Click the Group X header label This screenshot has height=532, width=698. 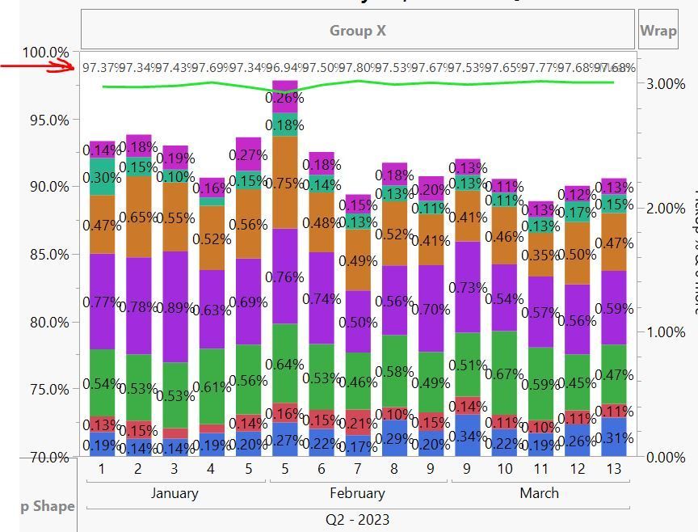tap(357, 31)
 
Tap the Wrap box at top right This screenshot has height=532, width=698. tap(658, 31)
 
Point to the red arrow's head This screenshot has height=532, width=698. tap(72, 66)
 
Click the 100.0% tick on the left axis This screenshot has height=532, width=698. tap(45, 53)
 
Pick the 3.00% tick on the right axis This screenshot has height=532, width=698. tap(666, 84)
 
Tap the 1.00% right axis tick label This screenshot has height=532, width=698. tap(666, 332)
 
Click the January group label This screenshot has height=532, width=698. tap(174, 493)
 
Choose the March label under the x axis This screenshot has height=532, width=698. tap(539, 493)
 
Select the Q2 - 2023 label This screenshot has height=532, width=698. tap(357, 519)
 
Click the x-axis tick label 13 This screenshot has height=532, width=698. tap(613, 469)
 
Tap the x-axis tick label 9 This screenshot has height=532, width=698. tap(468, 469)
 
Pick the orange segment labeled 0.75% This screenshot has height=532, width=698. tap(284, 183)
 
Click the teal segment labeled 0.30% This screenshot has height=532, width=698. tap(102, 177)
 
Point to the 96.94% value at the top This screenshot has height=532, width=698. tap(284, 68)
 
